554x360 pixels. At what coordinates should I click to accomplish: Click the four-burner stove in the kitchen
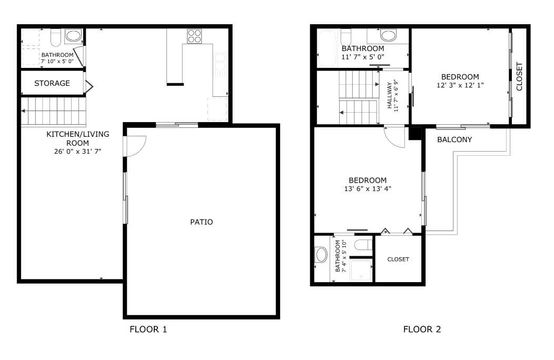194,36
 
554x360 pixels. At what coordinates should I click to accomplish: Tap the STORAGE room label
52,83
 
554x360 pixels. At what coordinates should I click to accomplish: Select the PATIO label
201,222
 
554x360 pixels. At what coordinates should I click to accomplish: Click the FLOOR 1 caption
148,330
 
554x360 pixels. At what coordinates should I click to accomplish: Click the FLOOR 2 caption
422,330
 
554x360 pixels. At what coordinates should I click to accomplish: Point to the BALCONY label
454,140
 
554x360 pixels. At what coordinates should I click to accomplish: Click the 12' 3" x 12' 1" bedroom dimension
460,85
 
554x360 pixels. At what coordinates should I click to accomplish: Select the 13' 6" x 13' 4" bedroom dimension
367,188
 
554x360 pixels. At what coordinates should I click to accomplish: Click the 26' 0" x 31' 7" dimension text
77,152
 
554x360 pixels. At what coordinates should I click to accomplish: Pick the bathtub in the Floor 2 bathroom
328,47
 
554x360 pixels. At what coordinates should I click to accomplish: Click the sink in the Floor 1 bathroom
73,36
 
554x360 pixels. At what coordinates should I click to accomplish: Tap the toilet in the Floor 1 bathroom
56,37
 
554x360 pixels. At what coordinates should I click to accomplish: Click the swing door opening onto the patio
134,146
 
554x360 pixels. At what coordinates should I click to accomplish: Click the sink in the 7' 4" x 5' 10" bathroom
321,255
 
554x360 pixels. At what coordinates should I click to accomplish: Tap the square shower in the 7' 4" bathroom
361,269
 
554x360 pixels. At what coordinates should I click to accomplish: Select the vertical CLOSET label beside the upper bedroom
519,77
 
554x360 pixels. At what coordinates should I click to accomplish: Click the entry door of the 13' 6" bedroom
394,137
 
